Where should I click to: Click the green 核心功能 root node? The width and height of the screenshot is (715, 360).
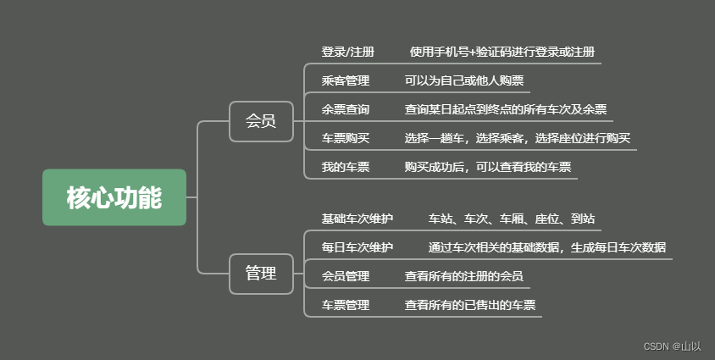pos(114,197)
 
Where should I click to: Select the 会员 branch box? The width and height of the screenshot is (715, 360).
pos(260,121)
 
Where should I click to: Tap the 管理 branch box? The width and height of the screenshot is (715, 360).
pos(260,274)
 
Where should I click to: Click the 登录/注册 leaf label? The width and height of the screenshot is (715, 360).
pos(347,52)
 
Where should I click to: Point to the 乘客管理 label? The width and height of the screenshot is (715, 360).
pos(345,81)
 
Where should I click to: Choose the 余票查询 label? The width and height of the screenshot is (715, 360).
pos(345,109)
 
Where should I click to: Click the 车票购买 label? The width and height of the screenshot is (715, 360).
pos(345,138)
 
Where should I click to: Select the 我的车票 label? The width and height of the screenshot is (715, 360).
pos(345,167)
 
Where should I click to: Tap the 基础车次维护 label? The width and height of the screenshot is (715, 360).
pos(357,219)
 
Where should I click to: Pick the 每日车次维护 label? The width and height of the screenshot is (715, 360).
pos(357,247)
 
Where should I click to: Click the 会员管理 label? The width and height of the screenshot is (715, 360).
pos(345,276)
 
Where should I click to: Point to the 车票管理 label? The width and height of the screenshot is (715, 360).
pos(345,305)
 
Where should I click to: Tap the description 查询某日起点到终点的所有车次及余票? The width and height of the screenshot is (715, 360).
pos(505,109)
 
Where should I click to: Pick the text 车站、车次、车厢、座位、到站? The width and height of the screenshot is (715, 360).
pos(511,219)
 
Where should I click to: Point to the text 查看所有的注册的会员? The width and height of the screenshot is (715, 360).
pos(463,276)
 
